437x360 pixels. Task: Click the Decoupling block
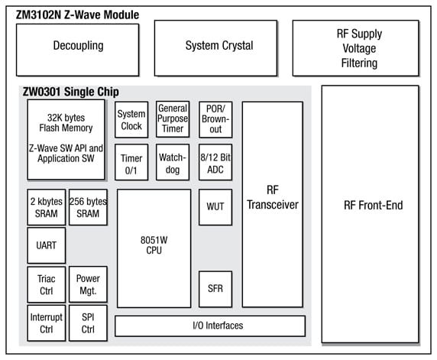click(x=78, y=46)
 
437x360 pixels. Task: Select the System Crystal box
click(x=218, y=46)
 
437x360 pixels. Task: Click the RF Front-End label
click(x=374, y=205)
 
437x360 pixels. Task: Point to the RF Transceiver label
click(x=273, y=197)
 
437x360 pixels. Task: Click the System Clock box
click(x=131, y=120)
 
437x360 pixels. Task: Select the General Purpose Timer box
click(x=173, y=119)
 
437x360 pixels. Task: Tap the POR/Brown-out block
click(x=215, y=119)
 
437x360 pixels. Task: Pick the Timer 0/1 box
click(x=131, y=164)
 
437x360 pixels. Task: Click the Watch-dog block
click(x=173, y=164)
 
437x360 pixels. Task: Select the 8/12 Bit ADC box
click(x=215, y=163)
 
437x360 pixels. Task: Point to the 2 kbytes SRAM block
click(x=46, y=208)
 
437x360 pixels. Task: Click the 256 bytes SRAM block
click(x=88, y=208)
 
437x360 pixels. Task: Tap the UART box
click(x=46, y=246)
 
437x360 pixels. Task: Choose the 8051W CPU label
click(x=154, y=245)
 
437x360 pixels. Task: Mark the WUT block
click(x=215, y=206)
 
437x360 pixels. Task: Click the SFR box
click(x=215, y=289)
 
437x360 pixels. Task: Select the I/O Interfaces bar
click(x=210, y=326)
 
